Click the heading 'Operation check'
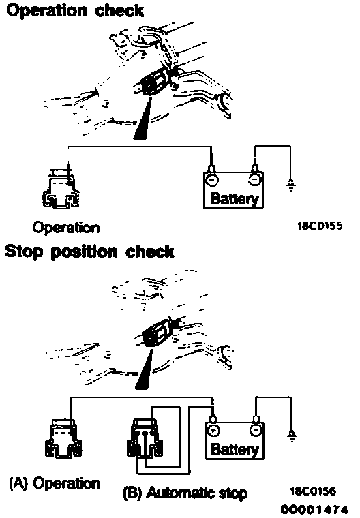(75, 10)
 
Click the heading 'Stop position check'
(89, 252)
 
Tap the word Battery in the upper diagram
(234, 198)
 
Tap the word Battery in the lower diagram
(235, 449)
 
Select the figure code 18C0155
(320, 226)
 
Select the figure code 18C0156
(313, 491)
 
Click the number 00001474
(314, 508)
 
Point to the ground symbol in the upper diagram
(291, 185)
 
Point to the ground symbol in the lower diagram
(292, 436)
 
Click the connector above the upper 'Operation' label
(61, 189)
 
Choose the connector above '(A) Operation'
(63, 439)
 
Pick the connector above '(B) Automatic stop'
(145, 439)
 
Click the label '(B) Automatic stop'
(185, 493)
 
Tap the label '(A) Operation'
(55, 483)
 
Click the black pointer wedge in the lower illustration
(145, 370)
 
